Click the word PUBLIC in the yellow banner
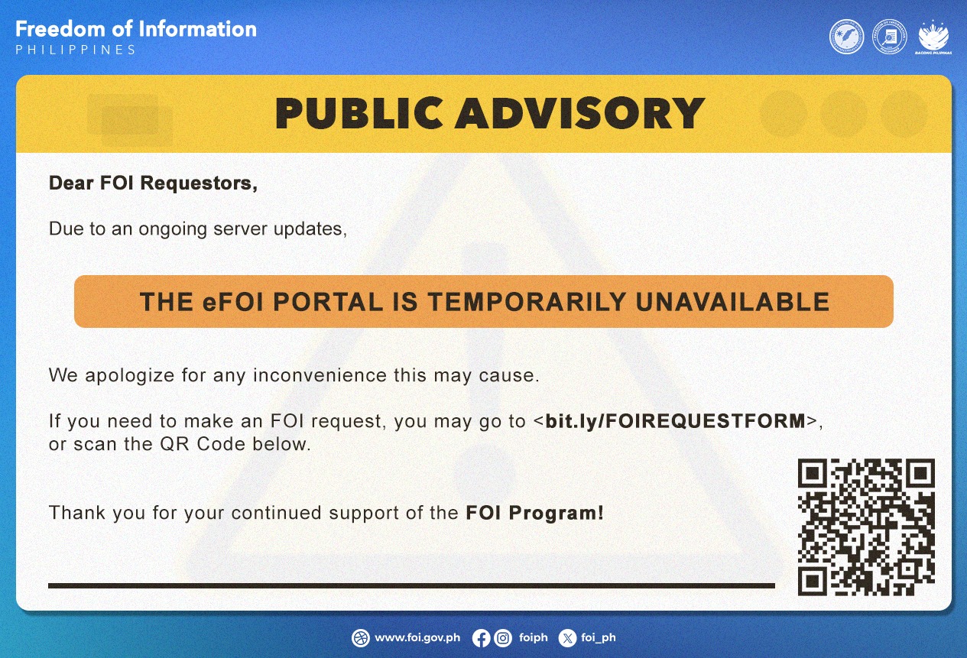tap(359, 113)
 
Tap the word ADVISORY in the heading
tap(580, 113)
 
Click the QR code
tap(865, 527)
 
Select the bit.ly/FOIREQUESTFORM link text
tap(675, 421)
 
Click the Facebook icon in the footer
tap(481, 637)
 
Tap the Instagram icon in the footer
tap(503, 637)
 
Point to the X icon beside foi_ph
tap(567, 637)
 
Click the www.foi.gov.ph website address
tap(417, 637)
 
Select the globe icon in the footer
tap(361, 637)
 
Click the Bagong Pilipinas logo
tap(933, 37)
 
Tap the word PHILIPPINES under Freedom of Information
tap(76, 50)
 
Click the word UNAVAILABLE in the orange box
tap(732, 302)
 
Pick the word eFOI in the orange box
tap(232, 302)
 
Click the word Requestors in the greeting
tap(199, 183)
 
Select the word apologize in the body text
tap(129, 376)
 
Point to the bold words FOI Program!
tap(534, 513)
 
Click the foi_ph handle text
tap(599, 637)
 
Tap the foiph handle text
tap(533, 637)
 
